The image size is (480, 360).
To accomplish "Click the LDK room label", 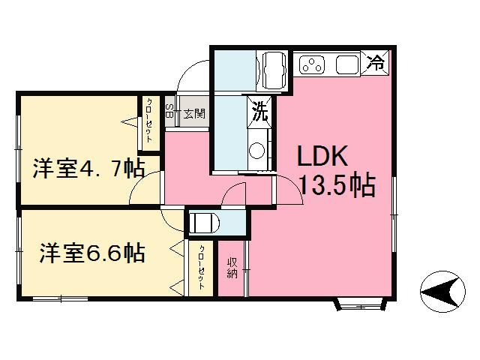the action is pyautogui.click(x=322, y=156).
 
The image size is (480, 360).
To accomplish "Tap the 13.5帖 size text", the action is pyautogui.click(x=338, y=184).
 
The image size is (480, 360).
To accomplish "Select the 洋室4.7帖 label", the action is pyautogui.click(x=88, y=168).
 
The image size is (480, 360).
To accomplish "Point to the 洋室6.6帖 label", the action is pyautogui.click(x=92, y=253).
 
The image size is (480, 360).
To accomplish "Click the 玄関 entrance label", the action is pyautogui.click(x=194, y=114).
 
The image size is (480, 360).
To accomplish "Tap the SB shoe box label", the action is pyautogui.click(x=169, y=111).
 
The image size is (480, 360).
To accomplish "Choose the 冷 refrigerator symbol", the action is pyautogui.click(x=375, y=63).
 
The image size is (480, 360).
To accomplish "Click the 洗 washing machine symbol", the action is pyautogui.click(x=259, y=112).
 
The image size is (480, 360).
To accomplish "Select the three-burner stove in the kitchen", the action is pyautogui.click(x=312, y=64).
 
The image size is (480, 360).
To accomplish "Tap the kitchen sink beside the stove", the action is pyautogui.click(x=348, y=64).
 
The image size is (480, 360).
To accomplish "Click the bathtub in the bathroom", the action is pyautogui.click(x=273, y=70).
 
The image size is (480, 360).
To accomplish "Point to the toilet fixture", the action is pyautogui.click(x=203, y=223).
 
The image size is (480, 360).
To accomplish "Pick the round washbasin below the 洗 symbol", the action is pyautogui.click(x=256, y=150).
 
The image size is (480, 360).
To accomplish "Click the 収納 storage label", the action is pyautogui.click(x=232, y=268).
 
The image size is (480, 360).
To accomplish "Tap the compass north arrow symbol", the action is pyautogui.click(x=442, y=292).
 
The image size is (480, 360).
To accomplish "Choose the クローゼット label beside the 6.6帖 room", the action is pyautogui.click(x=202, y=267).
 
